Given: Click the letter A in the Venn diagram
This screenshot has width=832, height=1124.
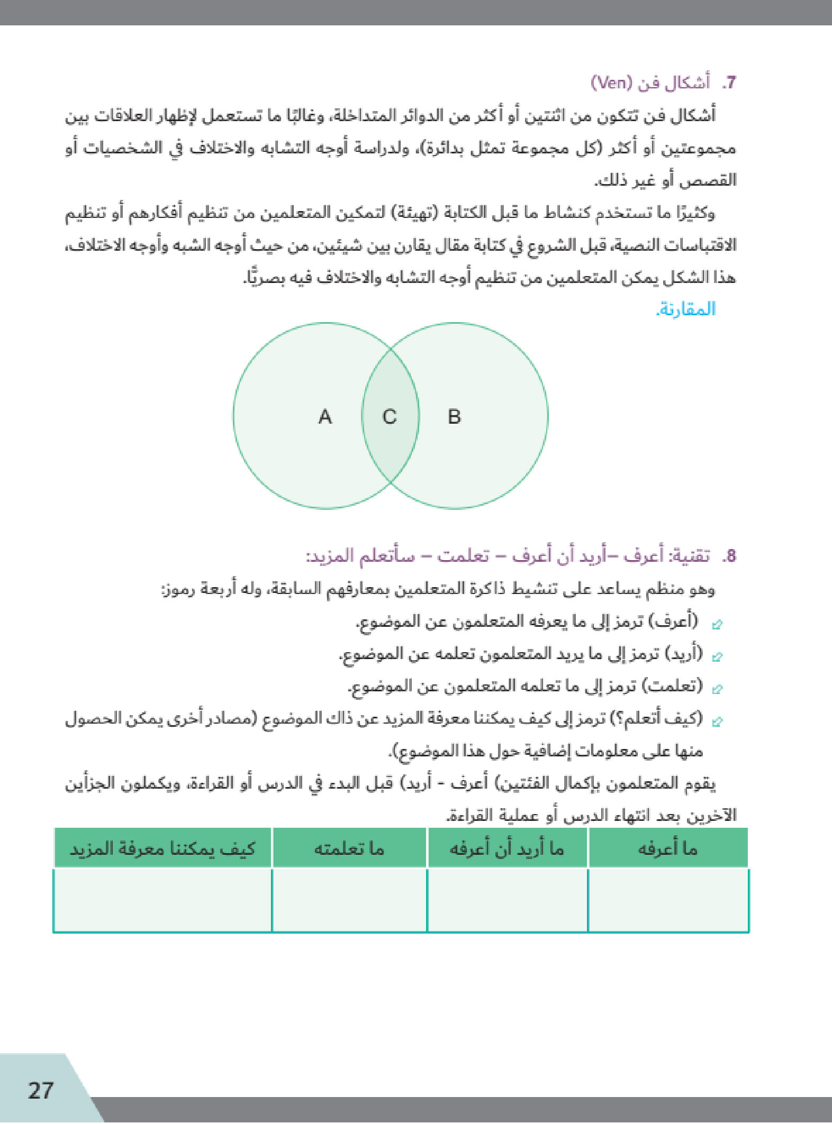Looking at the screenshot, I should tap(325, 417).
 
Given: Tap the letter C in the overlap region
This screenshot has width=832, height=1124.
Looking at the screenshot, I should tap(390, 417).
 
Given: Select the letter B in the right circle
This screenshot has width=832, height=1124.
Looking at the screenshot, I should tap(454, 417).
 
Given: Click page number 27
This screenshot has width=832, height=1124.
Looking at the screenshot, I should tap(41, 1091).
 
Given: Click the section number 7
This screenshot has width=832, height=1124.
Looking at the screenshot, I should tap(729, 83).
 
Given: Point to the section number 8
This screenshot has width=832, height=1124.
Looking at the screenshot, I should tap(729, 556).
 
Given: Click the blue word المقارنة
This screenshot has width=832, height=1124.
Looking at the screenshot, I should tap(686, 309).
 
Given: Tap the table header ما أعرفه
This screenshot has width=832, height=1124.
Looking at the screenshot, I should tap(668, 849).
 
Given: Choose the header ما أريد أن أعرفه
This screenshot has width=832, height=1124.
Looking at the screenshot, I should tap(507, 849).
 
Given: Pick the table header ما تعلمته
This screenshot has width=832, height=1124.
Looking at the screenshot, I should tap(349, 849).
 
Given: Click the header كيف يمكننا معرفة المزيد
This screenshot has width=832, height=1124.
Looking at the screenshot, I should tap(162, 849).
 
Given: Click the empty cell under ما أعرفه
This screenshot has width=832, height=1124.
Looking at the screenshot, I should tap(668, 900).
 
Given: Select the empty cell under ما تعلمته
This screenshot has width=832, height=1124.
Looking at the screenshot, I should tap(349, 900).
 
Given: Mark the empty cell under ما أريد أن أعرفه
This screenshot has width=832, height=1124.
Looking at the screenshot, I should tap(507, 900).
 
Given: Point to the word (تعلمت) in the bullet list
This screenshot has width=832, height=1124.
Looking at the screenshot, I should tap(672, 686).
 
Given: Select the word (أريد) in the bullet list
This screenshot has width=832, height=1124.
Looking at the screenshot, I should tap(683, 654).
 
